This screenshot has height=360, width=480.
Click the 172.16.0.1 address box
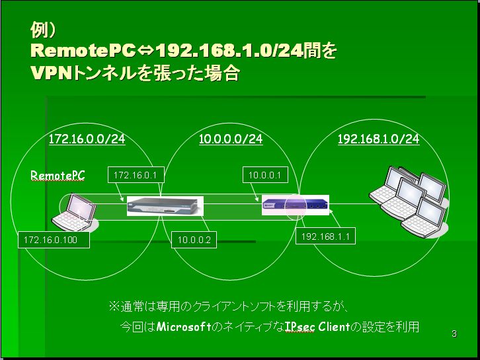coord(136,175)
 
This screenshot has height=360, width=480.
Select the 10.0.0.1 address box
coord(265,175)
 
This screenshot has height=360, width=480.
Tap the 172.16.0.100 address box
coord(54,240)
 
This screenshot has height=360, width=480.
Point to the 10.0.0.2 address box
coord(194,240)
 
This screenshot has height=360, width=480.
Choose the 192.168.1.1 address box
coord(325,236)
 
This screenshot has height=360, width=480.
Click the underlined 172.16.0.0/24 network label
coord(87,139)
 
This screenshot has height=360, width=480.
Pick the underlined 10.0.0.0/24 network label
coord(231,139)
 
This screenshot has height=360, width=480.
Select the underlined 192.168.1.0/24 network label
coord(378,139)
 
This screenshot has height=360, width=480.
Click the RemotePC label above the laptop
coord(58,176)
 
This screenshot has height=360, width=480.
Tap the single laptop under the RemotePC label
coord(75,212)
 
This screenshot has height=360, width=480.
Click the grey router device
coord(165,206)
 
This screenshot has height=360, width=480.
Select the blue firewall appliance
coord(296,204)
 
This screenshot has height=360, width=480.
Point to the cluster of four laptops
coord(409,201)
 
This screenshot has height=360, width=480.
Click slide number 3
coord(454,334)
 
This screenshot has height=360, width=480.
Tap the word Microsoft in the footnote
coord(184,327)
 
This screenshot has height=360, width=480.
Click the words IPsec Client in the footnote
coord(317,327)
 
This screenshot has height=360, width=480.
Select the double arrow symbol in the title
coord(145,50)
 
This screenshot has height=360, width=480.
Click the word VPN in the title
coord(51,73)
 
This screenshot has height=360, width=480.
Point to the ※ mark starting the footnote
coord(114,306)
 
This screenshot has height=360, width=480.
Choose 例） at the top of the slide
coord(42,30)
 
